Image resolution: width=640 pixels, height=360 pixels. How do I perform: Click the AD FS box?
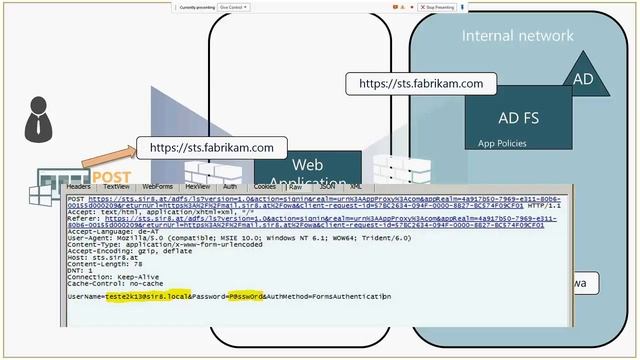pyautogui.click(x=517, y=116)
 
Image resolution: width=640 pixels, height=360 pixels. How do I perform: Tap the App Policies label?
pyautogui.click(x=502, y=143)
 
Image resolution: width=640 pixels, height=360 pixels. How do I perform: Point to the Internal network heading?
pyautogui.click(x=517, y=36)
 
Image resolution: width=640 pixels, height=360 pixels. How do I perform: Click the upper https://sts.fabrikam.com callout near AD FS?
pyautogui.click(x=420, y=84)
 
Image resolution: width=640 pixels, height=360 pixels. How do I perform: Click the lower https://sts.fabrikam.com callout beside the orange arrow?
pyautogui.click(x=211, y=148)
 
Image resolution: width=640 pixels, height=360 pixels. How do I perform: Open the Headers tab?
pyautogui.click(x=79, y=186)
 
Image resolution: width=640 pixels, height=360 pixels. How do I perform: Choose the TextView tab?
pyautogui.click(x=116, y=186)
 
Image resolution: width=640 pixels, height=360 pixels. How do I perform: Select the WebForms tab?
pyautogui.click(x=157, y=186)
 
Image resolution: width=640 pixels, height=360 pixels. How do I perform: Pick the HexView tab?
pyautogui.click(x=198, y=186)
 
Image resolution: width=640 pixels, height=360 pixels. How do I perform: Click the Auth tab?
pyautogui.click(x=230, y=186)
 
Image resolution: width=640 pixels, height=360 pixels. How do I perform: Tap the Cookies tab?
pyautogui.click(x=265, y=186)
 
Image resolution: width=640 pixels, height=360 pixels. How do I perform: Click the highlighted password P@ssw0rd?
pyautogui.click(x=244, y=297)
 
